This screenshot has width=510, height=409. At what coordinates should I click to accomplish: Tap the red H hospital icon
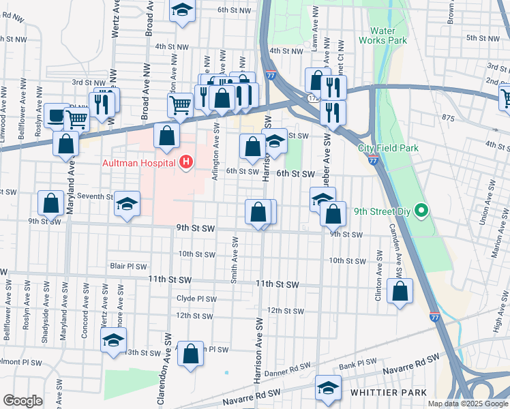pyautogui.click(x=185, y=162)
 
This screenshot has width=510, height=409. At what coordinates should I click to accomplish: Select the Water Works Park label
pyautogui.click(x=388, y=35)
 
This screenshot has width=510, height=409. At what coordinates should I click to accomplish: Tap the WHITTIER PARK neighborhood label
pyautogui.click(x=388, y=393)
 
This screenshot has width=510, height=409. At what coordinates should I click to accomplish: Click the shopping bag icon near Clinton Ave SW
pyautogui.click(x=400, y=291)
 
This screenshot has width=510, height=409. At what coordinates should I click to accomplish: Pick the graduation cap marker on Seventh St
pyautogui.click(x=127, y=204)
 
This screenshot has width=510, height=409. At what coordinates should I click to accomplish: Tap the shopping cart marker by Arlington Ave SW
pyautogui.click(x=180, y=105)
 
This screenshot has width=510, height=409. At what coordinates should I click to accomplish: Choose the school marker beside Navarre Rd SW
pyautogui.click(x=329, y=389)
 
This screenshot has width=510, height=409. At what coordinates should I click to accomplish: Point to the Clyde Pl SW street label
pyautogui.click(x=196, y=299)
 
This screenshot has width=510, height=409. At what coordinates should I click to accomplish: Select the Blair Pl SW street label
pyautogui.click(x=128, y=266)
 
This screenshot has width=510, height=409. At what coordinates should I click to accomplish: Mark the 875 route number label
pyautogui.click(x=447, y=119)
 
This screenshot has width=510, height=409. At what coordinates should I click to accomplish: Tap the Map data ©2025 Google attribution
pyautogui.click(x=467, y=404)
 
